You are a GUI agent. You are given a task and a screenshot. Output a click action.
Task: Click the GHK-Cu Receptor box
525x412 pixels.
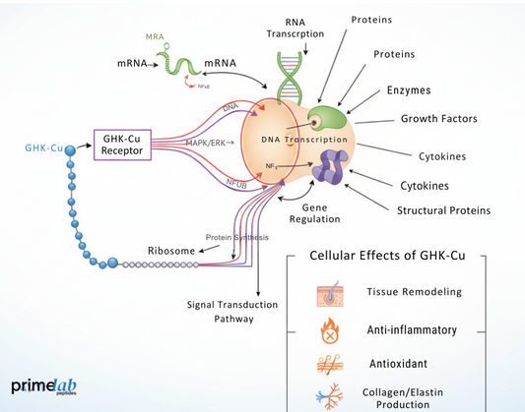(123, 146)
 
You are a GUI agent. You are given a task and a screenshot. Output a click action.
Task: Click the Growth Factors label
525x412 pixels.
(438, 119)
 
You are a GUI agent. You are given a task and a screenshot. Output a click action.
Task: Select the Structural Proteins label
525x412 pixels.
(443, 209)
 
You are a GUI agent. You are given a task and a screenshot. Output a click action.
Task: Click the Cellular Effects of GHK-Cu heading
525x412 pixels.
(387, 256)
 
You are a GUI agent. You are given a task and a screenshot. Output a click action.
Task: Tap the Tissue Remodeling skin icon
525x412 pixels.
(325, 293)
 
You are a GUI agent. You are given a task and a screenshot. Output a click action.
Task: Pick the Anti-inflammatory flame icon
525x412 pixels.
(325, 328)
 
